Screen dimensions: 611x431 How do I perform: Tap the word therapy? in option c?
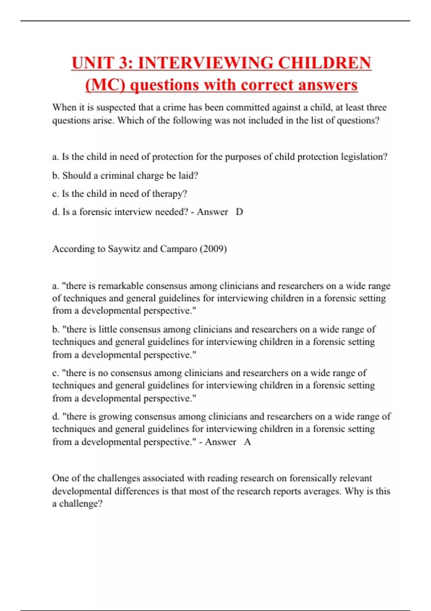(170, 194)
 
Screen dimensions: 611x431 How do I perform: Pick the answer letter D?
(239, 212)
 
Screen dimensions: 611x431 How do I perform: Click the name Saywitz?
(124, 249)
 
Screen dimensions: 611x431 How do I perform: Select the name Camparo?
(177, 249)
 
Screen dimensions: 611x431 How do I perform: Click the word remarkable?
(120, 286)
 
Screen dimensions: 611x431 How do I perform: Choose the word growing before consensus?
(115, 417)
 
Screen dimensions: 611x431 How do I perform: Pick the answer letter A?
(247, 442)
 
